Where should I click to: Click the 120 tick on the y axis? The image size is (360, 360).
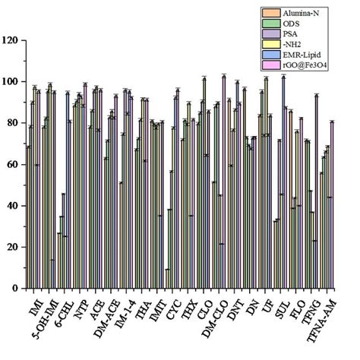click(12, 39)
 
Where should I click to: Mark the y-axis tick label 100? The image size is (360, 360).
click(12, 81)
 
